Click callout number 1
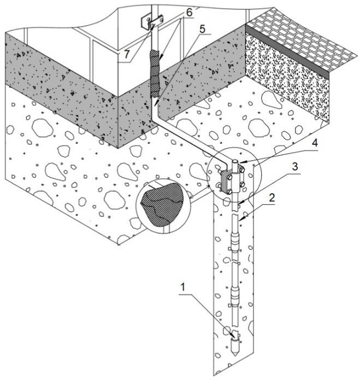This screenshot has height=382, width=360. tap(182, 287)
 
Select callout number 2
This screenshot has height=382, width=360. tap(272, 198)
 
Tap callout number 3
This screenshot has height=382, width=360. tap(295, 167)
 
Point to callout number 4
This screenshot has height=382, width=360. tap(315, 143)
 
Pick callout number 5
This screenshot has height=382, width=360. tap(203, 29)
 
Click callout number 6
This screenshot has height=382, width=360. tap(190, 12)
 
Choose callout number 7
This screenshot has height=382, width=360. tap(126, 54)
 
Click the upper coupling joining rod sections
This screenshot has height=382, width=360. tap(235, 240)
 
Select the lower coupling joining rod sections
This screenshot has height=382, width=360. tap(235, 293)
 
